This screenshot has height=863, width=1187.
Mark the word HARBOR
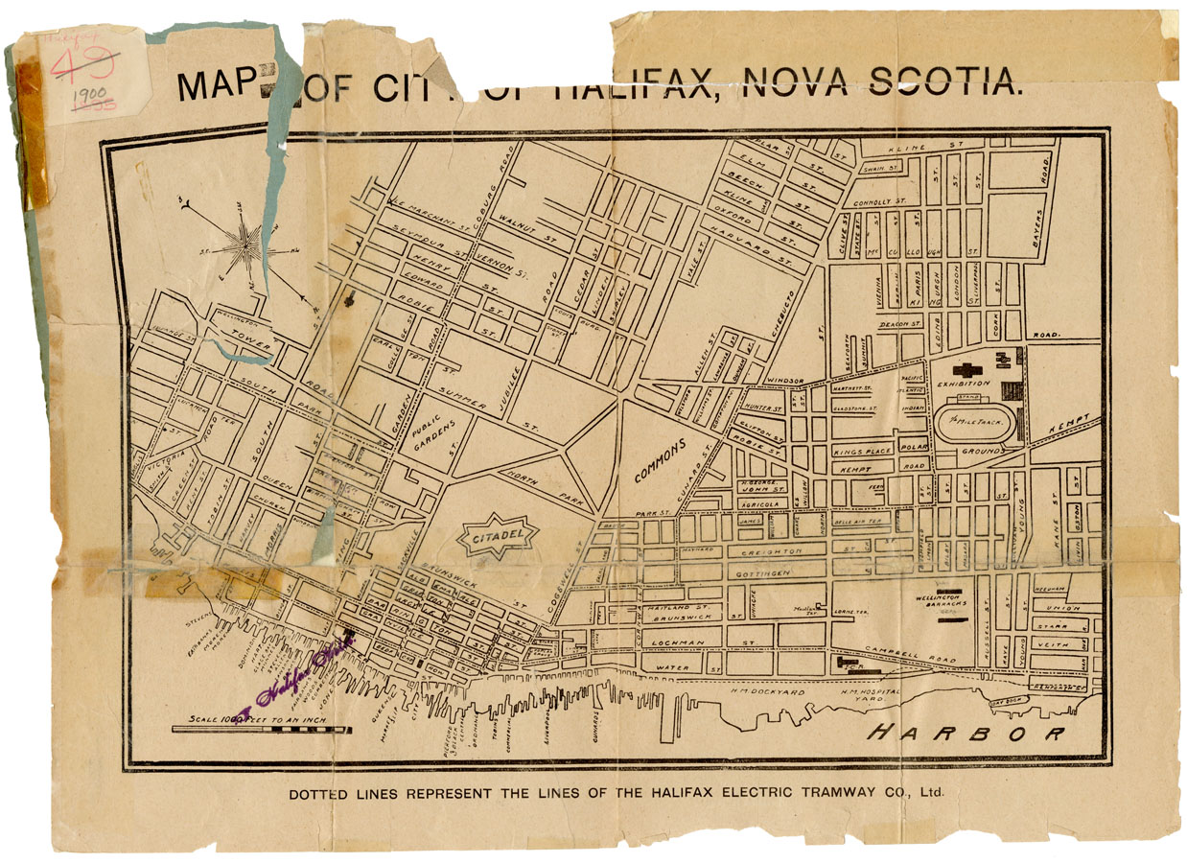coord(966,735)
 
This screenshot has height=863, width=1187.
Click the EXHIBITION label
coord(964,384)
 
